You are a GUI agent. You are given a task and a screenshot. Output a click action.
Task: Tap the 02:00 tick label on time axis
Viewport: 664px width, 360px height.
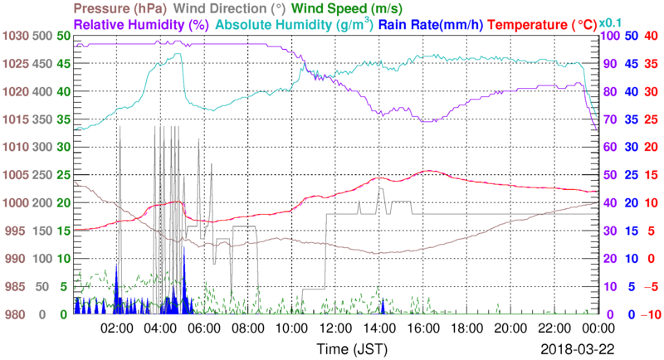118,327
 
